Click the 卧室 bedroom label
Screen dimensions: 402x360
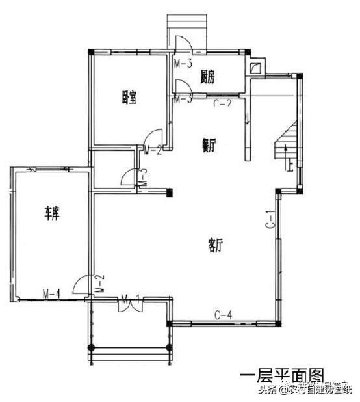(128, 97)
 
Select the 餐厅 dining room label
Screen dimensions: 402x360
(209, 148)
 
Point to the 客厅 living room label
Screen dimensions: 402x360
(216, 245)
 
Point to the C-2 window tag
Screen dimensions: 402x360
(222, 102)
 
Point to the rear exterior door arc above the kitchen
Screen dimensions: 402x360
(182, 44)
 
